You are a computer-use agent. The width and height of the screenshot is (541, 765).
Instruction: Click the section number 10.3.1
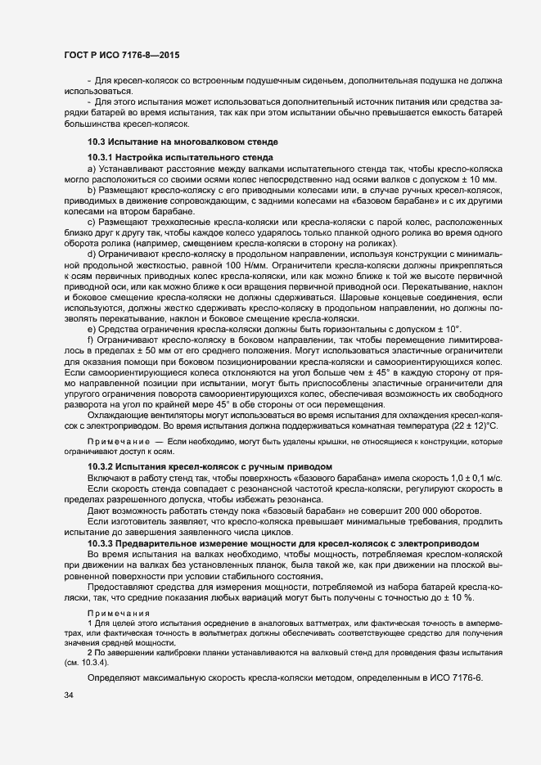101,156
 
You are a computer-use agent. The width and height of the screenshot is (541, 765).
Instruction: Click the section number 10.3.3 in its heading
101,544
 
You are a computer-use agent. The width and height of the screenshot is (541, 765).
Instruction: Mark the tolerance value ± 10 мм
477,178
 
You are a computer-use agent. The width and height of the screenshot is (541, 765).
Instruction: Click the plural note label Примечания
119,614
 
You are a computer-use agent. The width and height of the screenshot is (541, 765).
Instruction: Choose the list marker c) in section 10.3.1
92,221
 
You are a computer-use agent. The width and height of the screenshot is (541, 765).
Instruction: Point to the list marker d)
92,254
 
